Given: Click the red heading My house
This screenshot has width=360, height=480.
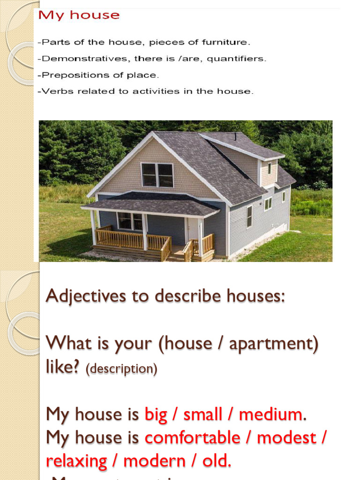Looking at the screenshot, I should [x=79, y=15].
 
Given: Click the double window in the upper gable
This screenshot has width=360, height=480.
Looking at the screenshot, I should [x=157, y=175].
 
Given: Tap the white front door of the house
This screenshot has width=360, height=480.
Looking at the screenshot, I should [x=192, y=230].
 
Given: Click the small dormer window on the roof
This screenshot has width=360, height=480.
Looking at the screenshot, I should [x=270, y=168].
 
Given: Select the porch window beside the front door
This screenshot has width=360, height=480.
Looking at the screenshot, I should [x=130, y=221].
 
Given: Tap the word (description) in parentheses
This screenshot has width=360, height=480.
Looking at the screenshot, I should [x=121, y=369].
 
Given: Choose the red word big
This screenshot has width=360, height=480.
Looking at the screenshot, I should [x=156, y=414].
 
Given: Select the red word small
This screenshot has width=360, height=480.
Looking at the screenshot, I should [x=202, y=414].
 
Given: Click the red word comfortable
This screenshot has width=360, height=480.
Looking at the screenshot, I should [x=192, y=438].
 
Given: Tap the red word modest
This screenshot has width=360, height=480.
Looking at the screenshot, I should [x=286, y=438].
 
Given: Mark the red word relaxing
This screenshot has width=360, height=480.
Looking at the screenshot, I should [x=76, y=461].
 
